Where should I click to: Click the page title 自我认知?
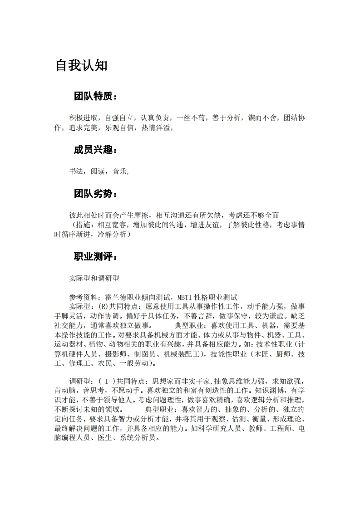[x=82, y=65]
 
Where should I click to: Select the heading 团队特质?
[x=95, y=97]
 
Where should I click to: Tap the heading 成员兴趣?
[x=95, y=150]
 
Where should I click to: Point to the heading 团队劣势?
[x=95, y=194]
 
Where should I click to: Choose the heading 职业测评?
[x=95, y=257]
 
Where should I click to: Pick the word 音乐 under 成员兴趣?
[x=120, y=171]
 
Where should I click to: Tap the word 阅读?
[x=98, y=171]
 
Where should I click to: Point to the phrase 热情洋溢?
[x=156, y=128]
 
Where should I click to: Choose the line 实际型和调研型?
[x=94, y=278]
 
